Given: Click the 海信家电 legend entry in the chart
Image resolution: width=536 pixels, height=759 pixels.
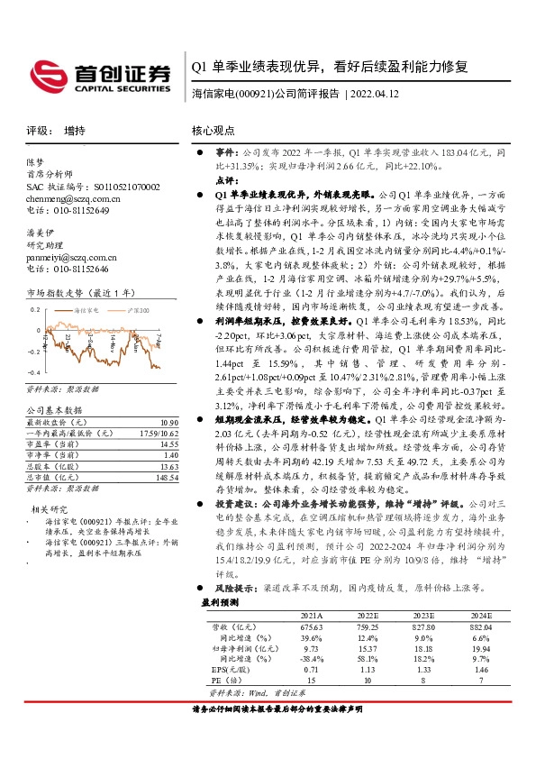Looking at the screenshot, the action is click(86, 309).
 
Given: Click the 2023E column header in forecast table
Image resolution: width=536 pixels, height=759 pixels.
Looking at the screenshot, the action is click(423, 615).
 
